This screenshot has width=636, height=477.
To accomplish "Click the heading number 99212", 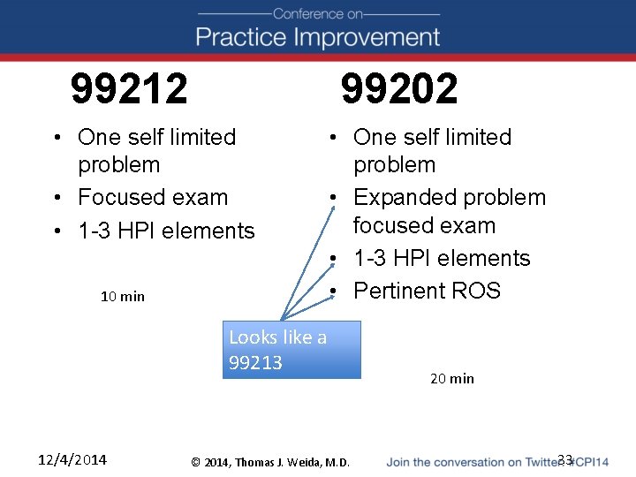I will point(129,88).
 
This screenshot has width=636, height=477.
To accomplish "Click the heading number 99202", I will point(399,88).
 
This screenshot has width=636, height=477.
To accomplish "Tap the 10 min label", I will point(123,296).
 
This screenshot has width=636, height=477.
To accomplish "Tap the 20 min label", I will point(451,378).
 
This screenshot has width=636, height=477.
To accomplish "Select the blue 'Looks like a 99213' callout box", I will point(291,349).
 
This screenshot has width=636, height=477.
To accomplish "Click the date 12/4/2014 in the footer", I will point(72,459).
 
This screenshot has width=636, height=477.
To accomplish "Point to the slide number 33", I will point(565,459).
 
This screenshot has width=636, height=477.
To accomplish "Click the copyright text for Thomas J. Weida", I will point(270,462).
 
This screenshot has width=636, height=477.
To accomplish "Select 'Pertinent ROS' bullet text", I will point(427,291).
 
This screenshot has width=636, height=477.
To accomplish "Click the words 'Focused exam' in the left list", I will point(153,197).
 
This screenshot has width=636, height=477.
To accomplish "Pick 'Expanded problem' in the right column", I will point(449,197).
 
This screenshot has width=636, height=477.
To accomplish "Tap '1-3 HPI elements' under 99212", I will point(166,231).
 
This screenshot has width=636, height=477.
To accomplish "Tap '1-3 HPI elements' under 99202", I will point(442,258).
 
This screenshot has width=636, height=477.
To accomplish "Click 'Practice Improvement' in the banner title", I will point(317,37).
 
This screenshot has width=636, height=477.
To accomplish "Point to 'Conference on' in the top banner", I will point(318,13).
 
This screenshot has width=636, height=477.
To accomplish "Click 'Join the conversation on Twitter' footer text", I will point(473,462).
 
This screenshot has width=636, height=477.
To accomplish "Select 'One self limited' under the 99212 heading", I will point(157,137).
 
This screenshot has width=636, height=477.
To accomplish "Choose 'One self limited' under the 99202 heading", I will point(432,137).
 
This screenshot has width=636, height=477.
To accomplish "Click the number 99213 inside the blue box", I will point(255,362).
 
